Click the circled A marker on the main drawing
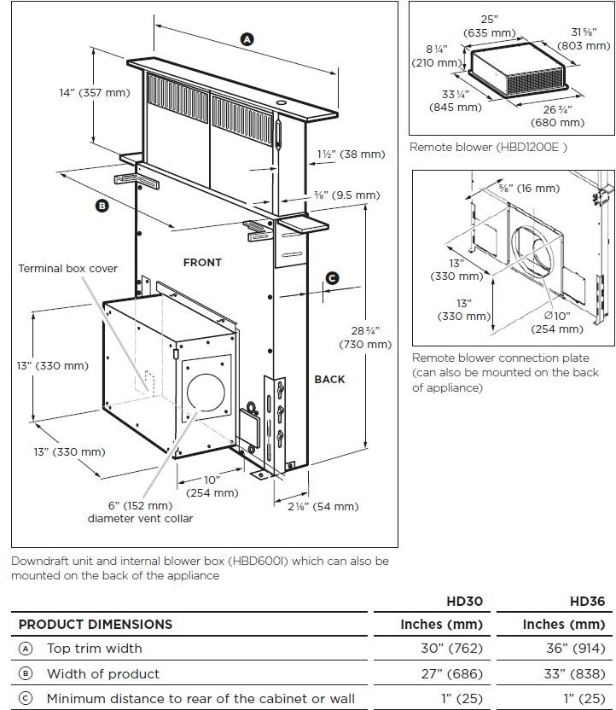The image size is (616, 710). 247,38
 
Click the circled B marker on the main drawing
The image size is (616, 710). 102,206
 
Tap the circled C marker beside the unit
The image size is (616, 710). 333,277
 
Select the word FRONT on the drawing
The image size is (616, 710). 202,263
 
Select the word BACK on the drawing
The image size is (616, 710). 329,379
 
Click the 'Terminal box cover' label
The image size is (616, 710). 68,269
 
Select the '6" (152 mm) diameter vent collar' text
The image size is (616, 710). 140,512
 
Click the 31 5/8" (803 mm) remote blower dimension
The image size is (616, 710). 584,39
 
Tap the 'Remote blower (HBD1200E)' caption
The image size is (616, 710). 488,147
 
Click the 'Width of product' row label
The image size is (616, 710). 102,674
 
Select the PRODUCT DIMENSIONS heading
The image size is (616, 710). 96,625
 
